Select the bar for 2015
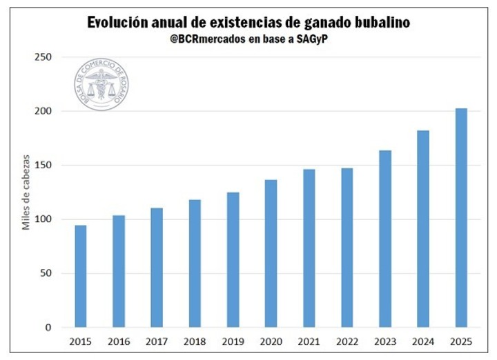pos(81,276)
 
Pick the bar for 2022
pos(347,248)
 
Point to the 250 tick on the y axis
pos(44,57)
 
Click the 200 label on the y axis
pos(44,111)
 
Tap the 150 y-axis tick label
pos(44,165)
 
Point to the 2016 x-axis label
pos(119,341)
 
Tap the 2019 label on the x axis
pos(233,341)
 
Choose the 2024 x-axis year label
pos(423,341)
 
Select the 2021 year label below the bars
pos(309,341)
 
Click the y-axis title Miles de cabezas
pos(26,192)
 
